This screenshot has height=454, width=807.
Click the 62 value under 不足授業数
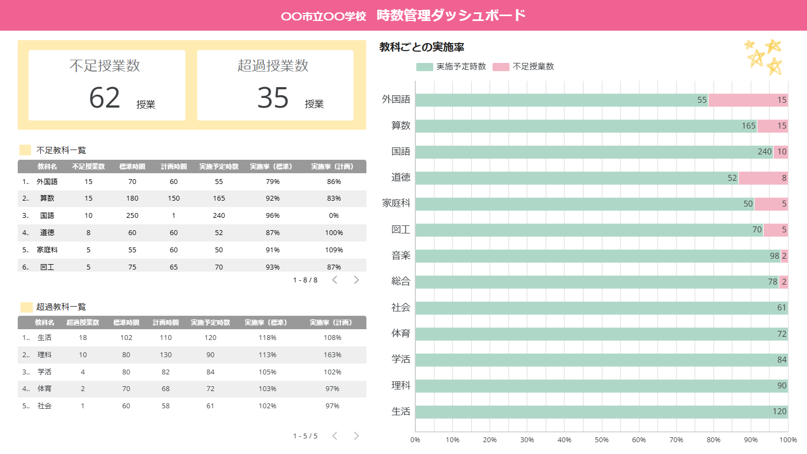[104, 98]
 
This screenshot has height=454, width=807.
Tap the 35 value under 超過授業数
[273, 98]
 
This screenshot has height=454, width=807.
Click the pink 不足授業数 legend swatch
[501, 67]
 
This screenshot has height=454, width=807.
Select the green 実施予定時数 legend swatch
[424, 67]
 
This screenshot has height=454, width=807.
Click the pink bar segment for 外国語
[748, 100]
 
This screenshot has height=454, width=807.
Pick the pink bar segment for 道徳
[763, 178]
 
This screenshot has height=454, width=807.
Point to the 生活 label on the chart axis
[401, 412]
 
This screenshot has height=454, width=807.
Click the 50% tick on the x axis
[602, 440]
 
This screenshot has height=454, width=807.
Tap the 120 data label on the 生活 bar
[779, 412]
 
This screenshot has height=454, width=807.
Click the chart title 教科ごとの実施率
[422, 47]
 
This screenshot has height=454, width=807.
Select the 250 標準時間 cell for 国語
[132, 215]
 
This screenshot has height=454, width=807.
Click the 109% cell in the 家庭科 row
[334, 250]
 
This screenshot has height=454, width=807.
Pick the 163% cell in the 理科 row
[332, 355]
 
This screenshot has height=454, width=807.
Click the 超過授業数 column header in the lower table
[83, 322]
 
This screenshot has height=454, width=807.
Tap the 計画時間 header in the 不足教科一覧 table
[174, 167]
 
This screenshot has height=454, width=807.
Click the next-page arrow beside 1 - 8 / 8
[356, 280]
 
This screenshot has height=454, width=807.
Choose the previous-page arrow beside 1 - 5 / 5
[335, 436]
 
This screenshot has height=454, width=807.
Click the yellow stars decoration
[763, 57]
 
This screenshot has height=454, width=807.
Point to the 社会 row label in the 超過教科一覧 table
[45, 406]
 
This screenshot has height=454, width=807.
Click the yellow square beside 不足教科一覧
[25, 150]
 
